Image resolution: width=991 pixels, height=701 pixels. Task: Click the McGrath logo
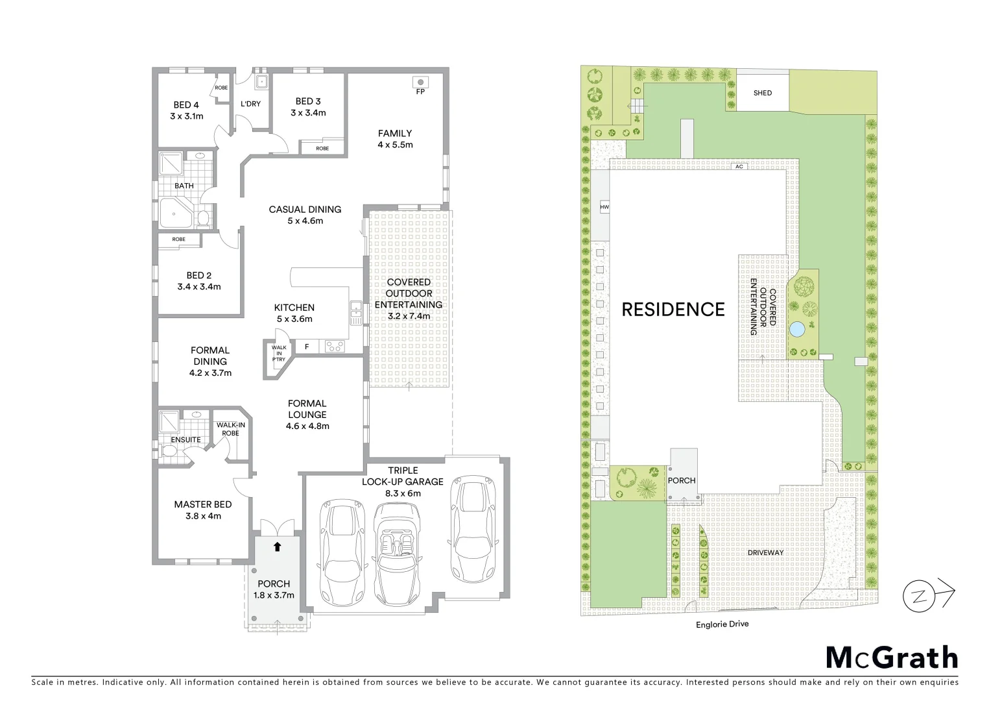pos(892,658)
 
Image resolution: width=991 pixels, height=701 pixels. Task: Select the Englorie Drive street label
pos(722,624)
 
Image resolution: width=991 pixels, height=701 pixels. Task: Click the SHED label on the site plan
pos(763,93)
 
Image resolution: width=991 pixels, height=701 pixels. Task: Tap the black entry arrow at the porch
pos(278,547)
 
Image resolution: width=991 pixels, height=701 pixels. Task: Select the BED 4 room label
pos(186,105)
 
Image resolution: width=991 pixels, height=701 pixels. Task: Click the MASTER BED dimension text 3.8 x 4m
pos(202,516)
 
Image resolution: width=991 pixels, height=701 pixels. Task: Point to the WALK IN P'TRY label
pos(279,353)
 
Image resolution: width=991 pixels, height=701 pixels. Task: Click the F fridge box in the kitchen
pos(307,347)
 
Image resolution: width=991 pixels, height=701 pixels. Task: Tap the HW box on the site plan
pos(604,208)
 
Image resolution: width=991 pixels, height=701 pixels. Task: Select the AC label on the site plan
pos(739,167)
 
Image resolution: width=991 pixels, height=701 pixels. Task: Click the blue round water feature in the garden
pos(796,330)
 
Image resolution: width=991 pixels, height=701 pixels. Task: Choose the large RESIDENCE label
pos(673,310)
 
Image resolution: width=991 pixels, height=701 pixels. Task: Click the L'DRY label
pos(250,104)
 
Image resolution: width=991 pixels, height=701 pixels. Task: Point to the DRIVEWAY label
pos(765,553)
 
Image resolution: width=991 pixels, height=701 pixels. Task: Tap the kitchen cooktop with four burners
pos(335,347)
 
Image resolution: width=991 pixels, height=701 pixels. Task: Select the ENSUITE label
pos(185,439)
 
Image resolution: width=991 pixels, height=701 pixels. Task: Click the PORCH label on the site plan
pos(681,480)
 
